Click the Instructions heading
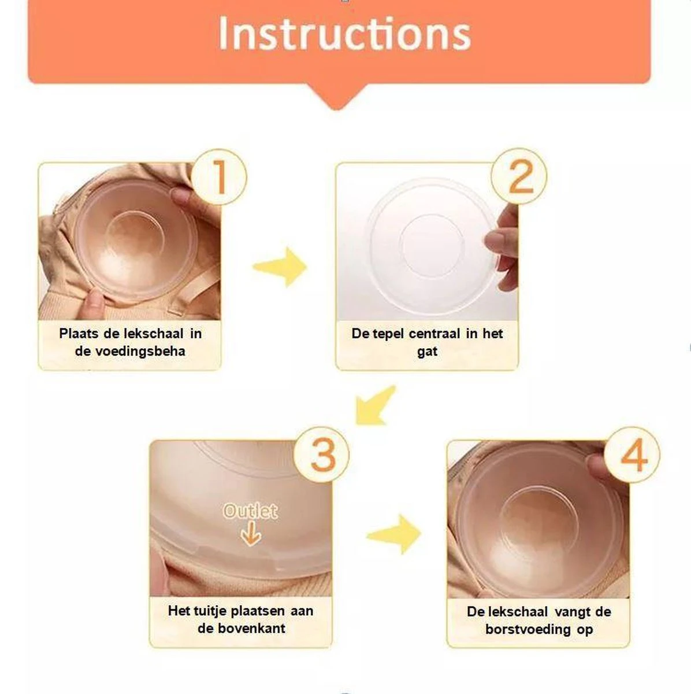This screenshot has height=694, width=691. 345,33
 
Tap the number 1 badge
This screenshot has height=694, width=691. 219,177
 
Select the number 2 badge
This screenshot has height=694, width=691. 519,176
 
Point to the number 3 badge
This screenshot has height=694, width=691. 321,454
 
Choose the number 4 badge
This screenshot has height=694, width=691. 632,455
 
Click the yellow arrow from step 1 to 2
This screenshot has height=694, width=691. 280,267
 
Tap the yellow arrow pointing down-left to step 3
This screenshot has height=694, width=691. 374,406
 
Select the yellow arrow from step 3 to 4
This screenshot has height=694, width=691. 394,534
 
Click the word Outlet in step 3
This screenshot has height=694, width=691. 251,511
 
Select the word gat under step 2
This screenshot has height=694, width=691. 427,352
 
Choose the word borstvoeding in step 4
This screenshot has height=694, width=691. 528,630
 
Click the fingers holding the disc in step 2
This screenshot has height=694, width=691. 502,249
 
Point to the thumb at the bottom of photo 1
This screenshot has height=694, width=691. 93,302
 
